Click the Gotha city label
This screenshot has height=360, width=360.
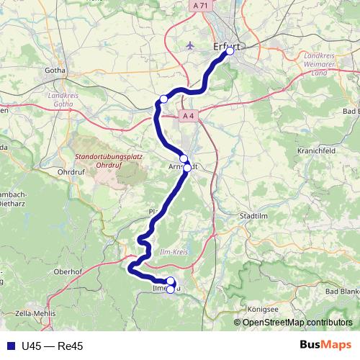click(55, 71)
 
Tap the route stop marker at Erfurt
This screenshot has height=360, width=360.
click(230, 51)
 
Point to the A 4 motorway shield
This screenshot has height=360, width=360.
click(189, 115)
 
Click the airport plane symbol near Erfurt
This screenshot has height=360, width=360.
click(190, 45)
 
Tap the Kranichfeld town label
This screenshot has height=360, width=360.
click(312, 151)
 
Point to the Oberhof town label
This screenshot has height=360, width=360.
click(67, 271)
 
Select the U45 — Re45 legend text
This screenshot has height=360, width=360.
click(53, 346)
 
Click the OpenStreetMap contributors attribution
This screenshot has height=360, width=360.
click(297, 322)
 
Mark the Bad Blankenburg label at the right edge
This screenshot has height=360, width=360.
click(342, 291)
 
